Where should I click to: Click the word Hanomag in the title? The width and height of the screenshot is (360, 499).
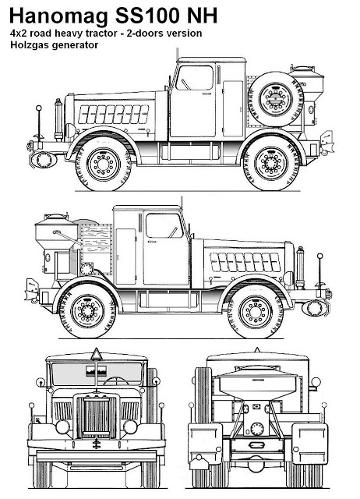pyautogui.click(x=58, y=16)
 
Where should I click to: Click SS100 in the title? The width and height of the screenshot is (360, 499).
pyautogui.click(x=149, y=16)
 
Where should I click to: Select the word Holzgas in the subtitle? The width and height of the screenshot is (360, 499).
pyautogui.click(x=30, y=45)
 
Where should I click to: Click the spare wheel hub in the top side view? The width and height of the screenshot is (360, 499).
pyautogui.click(x=275, y=99)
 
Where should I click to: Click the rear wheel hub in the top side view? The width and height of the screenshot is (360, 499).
pyautogui.click(x=271, y=163)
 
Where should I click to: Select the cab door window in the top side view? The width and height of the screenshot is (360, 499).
pyautogui.click(x=194, y=78)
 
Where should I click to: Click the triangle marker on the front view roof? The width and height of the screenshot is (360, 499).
pyautogui.click(x=97, y=355)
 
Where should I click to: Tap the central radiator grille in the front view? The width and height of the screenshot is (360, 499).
pyautogui.click(x=97, y=418)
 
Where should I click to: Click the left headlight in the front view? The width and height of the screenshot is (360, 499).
pyautogui.click(x=62, y=427)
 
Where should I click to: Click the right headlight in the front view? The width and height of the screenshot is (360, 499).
pyautogui.click(x=130, y=427)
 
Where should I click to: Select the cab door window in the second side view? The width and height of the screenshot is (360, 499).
pyautogui.click(x=164, y=225)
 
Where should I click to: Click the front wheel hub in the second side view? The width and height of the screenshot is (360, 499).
pyautogui.click(x=256, y=312)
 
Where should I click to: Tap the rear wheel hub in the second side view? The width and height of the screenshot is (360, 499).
pyautogui.click(x=87, y=311)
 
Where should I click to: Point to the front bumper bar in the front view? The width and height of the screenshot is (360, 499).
pyautogui.click(x=97, y=455)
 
